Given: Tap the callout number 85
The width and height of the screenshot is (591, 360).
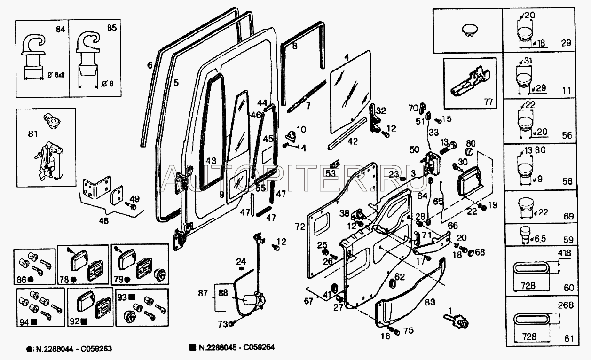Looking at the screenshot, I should [111, 28].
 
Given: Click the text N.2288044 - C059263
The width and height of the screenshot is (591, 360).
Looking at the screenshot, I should [73, 349].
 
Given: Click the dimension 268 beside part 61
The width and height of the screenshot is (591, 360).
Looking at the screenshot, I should [567, 305].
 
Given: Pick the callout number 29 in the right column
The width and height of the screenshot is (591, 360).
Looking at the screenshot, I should [566, 43].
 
